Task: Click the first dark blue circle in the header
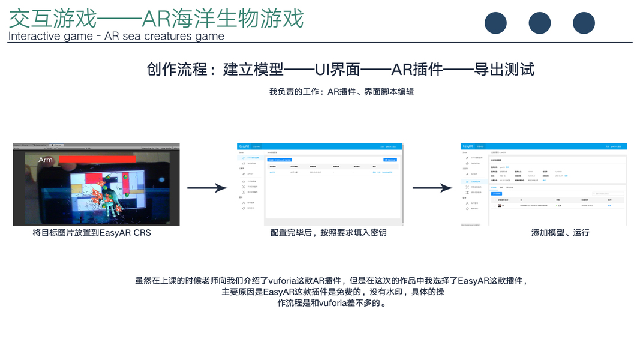pyautogui.click(x=495, y=23)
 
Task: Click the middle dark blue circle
pyautogui.click(x=539, y=23)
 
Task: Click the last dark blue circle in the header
pyautogui.click(x=584, y=23)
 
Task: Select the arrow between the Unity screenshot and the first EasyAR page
pyautogui.click(x=207, y=188)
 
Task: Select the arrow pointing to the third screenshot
pyautogui.click(x=432, y=188)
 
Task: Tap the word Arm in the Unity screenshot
pyautogui.click(x=46, y=160)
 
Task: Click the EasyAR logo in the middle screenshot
pyautogui.click(x=244, y=146)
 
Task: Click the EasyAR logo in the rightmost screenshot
pyautogui.click(x=467, y=146)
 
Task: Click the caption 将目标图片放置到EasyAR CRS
pyautogui.click(x=92, y=233)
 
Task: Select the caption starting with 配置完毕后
pyautogui.click(x=328, y=233)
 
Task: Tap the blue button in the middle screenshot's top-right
pyautogui.click(x=390, y=160)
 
